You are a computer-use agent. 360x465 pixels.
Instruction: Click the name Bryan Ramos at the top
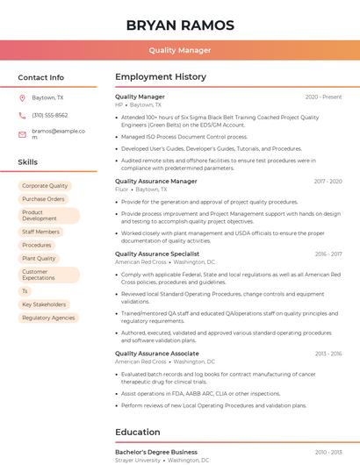(x=180, y=25)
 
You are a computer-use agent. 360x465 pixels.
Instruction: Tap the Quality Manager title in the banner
(x=180, y=50)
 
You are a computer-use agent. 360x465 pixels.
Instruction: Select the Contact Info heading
(x=41, y=77)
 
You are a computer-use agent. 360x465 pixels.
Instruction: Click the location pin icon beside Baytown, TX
(x=22, y=97)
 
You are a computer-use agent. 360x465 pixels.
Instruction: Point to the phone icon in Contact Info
(x=22, y=115)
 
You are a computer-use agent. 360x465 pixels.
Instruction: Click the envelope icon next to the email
(x=22, y=134)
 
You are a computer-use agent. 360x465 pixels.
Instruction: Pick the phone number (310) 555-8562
(x=50, y=115)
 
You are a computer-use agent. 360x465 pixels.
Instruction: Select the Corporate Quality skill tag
(x=45, y=186)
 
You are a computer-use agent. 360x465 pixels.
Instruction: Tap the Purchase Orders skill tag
(x=43, y=199)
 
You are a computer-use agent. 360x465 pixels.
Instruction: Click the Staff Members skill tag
(x=40, y=232)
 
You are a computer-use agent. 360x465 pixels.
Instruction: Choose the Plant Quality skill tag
(x=39, y=258)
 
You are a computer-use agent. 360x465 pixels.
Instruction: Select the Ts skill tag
(x=25, y=290)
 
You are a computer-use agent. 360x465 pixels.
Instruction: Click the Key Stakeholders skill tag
(x=44, y=304)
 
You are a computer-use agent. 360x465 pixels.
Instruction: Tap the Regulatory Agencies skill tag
(x=48, y=318)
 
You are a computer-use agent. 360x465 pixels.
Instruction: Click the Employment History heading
(x=160, y=77)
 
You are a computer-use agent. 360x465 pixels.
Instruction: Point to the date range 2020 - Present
(x=323, y=97)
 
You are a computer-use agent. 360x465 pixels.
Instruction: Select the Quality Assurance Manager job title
(x=155, y=181)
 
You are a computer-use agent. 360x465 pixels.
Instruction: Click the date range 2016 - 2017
(x=328, y=254)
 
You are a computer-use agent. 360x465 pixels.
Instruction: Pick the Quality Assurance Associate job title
(x=156, y=354)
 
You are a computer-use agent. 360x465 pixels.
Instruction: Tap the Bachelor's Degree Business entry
(x=155, y=452)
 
